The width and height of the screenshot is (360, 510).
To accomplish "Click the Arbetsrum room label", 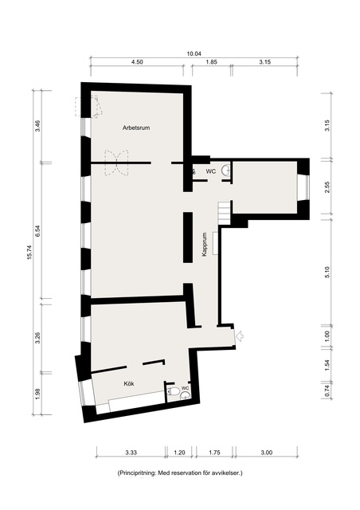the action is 136,127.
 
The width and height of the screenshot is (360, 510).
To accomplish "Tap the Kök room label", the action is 129,384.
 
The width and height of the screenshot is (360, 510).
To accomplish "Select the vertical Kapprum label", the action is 204,245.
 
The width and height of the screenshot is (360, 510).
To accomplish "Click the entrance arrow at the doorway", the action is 240,336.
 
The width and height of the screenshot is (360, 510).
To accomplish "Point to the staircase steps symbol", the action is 225,213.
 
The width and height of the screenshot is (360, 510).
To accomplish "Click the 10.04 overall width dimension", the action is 194,53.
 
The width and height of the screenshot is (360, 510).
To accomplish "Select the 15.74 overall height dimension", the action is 29,252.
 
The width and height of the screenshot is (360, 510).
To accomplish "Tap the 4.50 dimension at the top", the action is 137,62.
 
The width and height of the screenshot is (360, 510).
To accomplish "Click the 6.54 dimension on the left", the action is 38,230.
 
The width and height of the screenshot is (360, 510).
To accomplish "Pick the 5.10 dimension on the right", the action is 327,272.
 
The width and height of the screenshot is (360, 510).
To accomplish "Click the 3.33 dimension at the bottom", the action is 131,453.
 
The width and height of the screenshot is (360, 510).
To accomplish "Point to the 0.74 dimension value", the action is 327,390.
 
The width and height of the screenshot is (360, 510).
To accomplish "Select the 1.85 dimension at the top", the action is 211,62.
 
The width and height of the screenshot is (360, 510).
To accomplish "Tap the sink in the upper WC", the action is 226,170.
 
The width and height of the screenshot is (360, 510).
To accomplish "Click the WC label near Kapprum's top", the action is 211,171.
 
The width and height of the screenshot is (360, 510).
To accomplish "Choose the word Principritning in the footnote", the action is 136,473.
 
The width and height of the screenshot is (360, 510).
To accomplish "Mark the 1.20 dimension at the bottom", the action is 179,453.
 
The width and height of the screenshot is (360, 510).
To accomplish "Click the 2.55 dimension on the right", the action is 327,187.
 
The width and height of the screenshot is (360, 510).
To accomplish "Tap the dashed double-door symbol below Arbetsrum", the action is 116,163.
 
